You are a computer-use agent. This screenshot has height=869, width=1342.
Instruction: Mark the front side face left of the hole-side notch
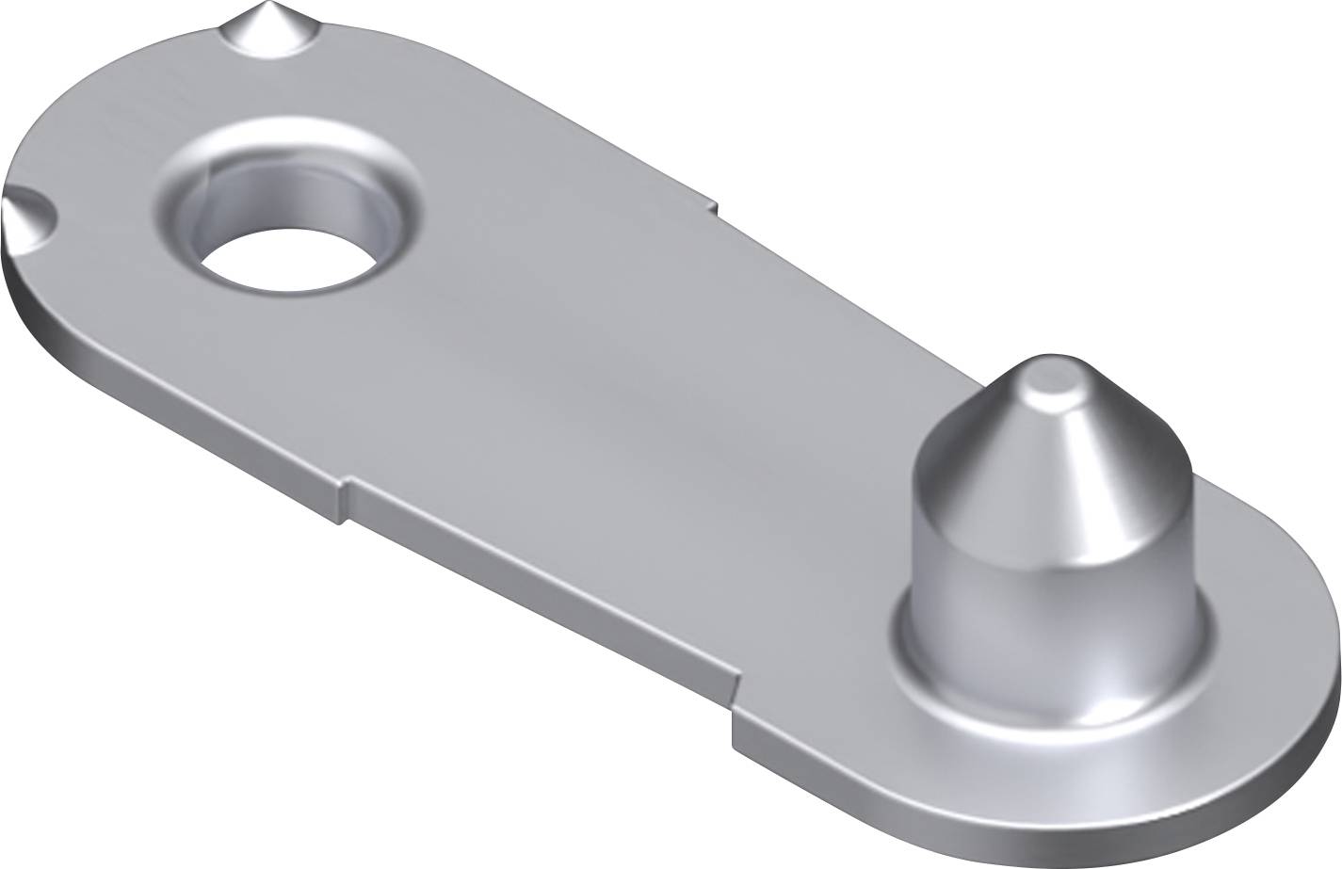188,414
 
